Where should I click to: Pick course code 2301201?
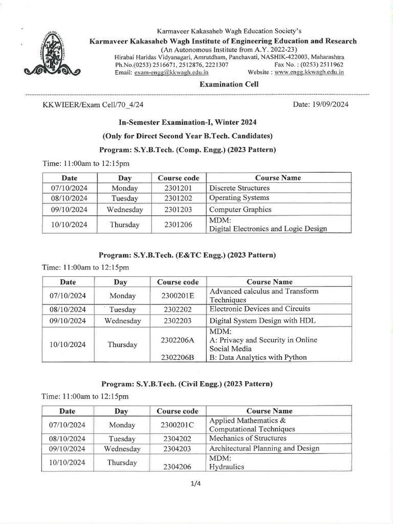[x=178, y=188]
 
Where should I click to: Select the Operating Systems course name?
[x=239, y=198]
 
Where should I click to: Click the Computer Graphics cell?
[x=241, y=209]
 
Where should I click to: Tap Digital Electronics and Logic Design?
[x=268, y=229]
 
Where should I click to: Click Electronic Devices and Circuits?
[x=260, y=309]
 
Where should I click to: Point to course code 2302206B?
[x=177, y=357]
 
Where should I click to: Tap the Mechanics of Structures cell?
[x=248, y=438]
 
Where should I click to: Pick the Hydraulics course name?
[x=227, y=467]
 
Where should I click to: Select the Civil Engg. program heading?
[x=187, y=383]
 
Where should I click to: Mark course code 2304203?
[x=177, y=449]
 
